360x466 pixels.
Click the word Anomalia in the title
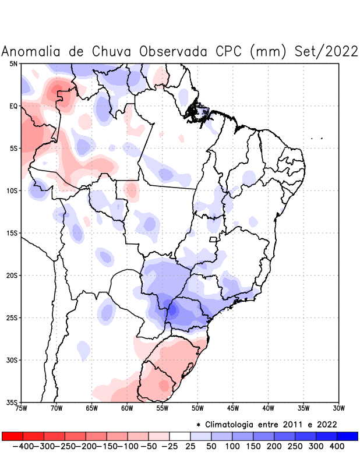32,51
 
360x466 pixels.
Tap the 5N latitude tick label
13,63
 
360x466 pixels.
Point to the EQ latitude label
13,106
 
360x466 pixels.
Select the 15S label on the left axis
11,233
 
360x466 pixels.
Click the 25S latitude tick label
11,318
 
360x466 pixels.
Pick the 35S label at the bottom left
11,403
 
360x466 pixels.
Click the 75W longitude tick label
21,408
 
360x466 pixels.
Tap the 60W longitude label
127,408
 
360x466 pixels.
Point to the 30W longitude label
339,408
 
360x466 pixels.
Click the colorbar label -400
23,446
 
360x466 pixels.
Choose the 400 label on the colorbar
337,446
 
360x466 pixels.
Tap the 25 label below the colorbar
190,446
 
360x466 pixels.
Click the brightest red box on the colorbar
13,436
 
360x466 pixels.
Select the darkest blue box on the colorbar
347,436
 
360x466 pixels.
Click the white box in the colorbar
180,436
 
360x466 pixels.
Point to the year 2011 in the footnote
292,424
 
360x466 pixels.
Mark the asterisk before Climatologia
199,425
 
